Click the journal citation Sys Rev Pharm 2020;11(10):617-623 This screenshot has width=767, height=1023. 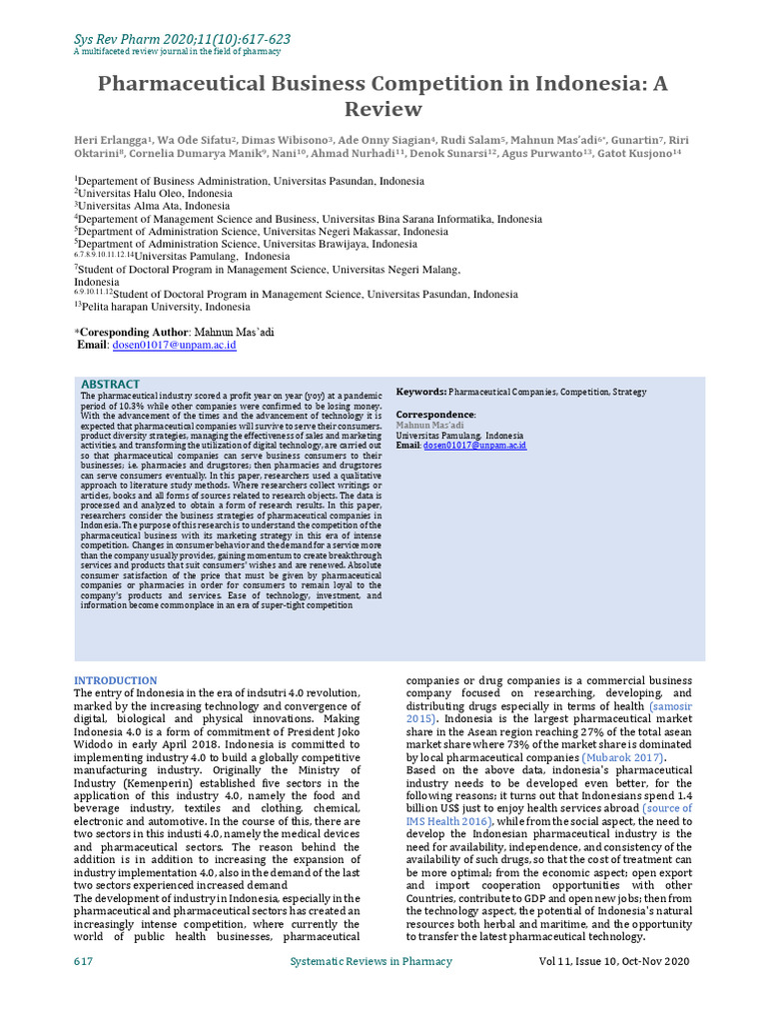click(x=183, y=39)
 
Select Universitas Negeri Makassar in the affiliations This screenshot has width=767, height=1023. click(x=341, y=231)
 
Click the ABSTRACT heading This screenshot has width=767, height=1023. click(x=110, y=385)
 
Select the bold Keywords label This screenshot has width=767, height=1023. click(x=421, y=393)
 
